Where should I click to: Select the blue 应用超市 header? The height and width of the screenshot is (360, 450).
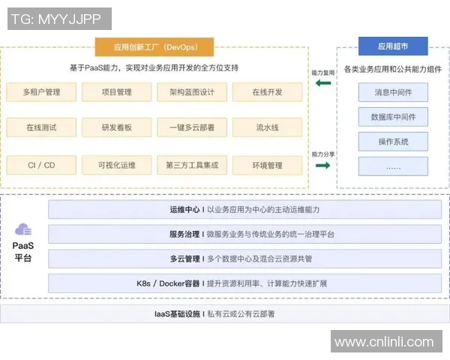click(x=393, y=46)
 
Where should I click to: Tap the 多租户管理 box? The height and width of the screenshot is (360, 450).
click(x=42, y=92)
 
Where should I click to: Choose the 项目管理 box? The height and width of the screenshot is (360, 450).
click(x=116, y=92)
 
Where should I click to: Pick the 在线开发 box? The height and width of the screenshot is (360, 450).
click(x=268, y=92)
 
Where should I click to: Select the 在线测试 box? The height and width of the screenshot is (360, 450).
click(x=42, y=127)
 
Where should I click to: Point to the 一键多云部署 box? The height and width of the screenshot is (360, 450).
click(x=191, y=127)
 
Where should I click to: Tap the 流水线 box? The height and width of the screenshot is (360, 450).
click(x=268, y=127)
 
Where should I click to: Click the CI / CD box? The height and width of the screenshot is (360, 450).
click(x=42, y=165)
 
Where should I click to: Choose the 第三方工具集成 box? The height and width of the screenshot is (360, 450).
click(x=191, y=165)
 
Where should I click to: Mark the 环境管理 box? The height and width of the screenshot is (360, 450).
click(x=268, y=165)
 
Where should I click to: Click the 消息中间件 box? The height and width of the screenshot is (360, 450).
click(x=393, y=93)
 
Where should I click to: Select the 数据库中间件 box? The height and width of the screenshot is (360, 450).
click(x=393, y=117)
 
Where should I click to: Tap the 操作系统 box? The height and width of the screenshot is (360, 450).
click(x=393, y=141)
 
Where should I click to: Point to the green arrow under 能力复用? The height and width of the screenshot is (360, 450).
click(x=323, y=83)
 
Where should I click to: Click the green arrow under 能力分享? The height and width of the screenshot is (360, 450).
click(x=323, y=166)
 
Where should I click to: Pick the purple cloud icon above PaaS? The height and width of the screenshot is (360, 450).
click(x=23, y=229)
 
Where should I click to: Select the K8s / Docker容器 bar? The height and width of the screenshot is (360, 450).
click(x=245, y=283)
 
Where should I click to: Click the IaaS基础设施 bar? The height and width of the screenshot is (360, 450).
click(x=225, y=313)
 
